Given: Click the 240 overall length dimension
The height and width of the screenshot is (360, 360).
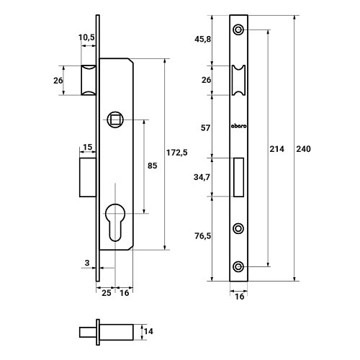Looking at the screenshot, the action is tap(303, 149).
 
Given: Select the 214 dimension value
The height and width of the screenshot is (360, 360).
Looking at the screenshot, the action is tap(276, 149).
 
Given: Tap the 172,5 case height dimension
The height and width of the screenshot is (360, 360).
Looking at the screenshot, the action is tap(177, 153).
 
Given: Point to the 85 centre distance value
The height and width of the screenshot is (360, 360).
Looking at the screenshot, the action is tap(152, 166).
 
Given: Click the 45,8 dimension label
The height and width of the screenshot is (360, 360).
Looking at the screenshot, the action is tap(203, 39).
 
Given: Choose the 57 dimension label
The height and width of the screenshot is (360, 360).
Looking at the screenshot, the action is tap(205, 128).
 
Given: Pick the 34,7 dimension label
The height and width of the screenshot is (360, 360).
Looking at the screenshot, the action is tap(202, 177).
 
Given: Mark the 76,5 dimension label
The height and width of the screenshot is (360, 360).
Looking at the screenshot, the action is tap(203, 236).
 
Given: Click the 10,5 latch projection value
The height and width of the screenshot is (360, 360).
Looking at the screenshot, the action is tap(86, 37).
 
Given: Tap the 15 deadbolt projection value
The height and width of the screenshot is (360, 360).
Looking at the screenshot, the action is tap(87, 147).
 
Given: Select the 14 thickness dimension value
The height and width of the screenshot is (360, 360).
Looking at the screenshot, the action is tap(148, 331).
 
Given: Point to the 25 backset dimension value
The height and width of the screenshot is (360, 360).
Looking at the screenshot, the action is tap(107, 293).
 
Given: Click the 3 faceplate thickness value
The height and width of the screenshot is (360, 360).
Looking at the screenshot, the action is tap(87, 263).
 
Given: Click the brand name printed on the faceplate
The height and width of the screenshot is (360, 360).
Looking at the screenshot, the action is tap(238, 126).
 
